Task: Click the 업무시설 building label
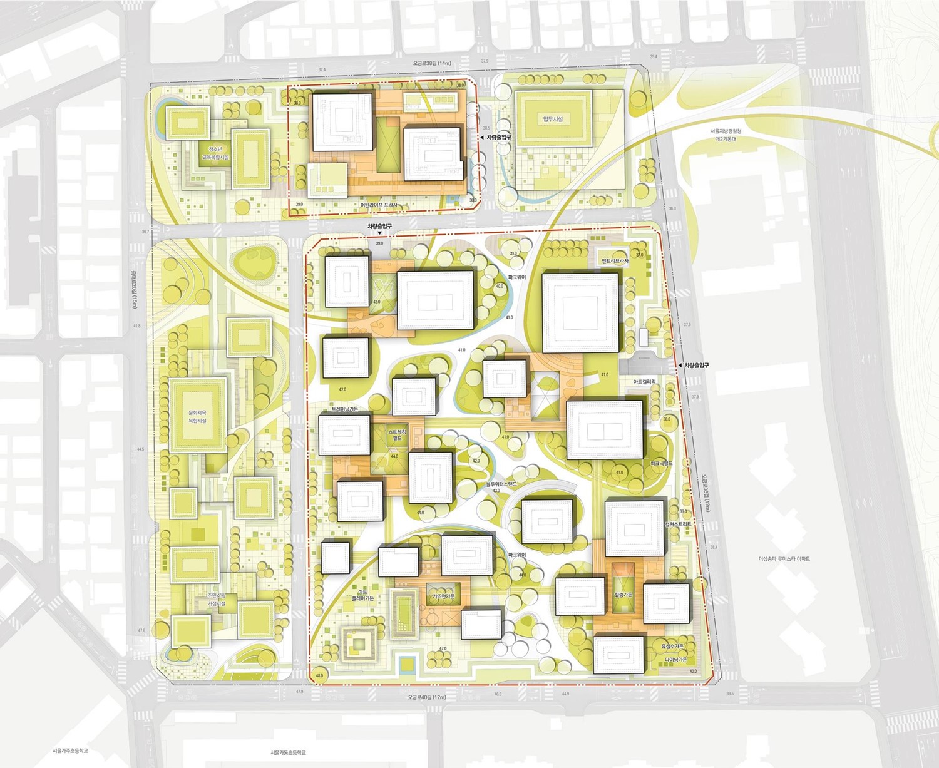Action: pos(553,119)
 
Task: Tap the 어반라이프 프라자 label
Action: pos(379,205)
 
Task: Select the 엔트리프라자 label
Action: pos(614,261)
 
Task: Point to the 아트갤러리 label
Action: pos(644,382)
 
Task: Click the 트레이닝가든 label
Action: pos(345,409)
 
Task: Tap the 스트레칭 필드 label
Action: pos(397,436)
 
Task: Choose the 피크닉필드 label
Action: pos(661,464)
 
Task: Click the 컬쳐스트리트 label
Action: pos(679,524)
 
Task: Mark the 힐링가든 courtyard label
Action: pos(623,595)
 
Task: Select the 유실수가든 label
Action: pos(673,647)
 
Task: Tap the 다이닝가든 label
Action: pos(675,660)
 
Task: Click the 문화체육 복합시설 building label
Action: pos(197,417)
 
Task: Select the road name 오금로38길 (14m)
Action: pos(431,63)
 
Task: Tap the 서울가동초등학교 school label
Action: pos(288,752)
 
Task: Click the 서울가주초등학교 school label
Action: pos(70,750)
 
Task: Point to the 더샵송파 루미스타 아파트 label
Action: pos(784,559)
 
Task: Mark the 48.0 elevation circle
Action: pos(319,676)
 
